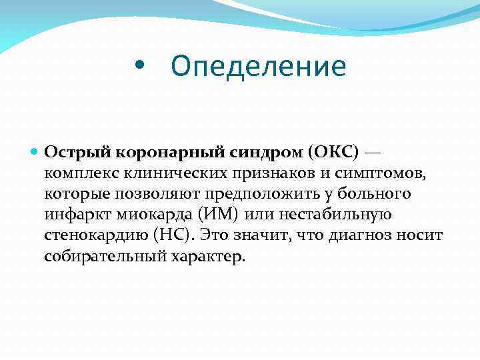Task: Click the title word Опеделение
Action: point(259,67)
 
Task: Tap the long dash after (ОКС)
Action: point(373,152)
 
